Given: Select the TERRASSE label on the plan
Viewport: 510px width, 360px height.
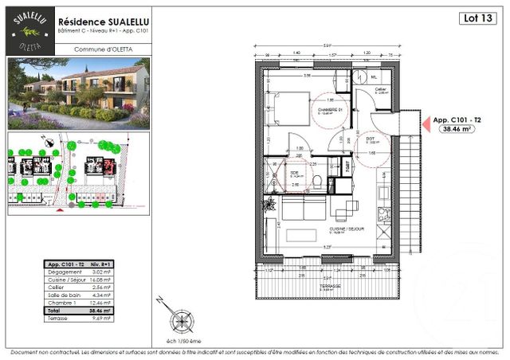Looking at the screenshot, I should (331, 284).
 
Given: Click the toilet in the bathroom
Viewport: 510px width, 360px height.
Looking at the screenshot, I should (318, 182).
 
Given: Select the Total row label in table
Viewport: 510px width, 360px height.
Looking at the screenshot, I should (54, 311).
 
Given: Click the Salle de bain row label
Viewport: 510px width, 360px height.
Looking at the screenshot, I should (64, 295).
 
